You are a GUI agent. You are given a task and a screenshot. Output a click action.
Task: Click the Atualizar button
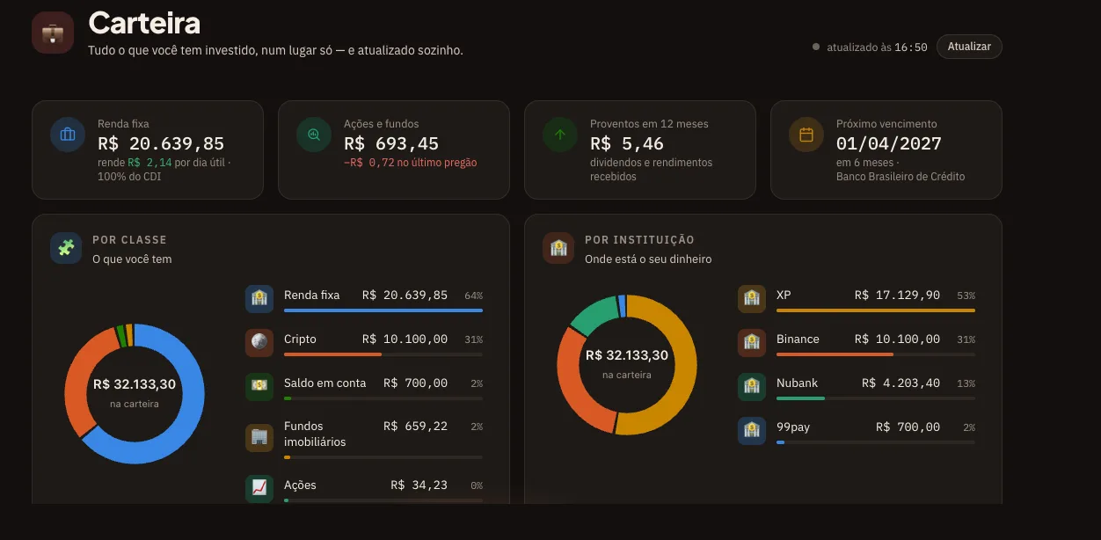(969, 47)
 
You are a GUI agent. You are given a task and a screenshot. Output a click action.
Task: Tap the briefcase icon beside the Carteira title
(53, 33)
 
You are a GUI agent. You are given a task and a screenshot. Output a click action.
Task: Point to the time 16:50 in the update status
(911, 47)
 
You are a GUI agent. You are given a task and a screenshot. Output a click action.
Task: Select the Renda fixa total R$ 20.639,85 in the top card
(161, 143)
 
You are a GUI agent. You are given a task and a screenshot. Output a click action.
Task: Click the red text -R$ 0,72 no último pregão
(410, 163)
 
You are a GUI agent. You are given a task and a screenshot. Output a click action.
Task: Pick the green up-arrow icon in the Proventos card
(560, 135)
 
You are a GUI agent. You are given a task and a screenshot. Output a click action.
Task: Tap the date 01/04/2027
(889, 143)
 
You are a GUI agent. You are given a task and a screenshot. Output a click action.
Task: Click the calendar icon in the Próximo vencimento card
(806, 135)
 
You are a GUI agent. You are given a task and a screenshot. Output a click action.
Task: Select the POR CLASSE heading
(130, 240)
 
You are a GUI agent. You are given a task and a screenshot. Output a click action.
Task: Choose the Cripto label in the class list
(300, 339)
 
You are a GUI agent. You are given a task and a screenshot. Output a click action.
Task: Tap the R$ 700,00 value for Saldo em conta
(415, 383)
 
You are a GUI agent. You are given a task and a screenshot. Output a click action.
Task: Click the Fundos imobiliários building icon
(259, 436)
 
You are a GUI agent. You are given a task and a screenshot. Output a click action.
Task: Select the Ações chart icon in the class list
(259, 487)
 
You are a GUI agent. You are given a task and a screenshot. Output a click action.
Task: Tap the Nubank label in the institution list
(797, 383)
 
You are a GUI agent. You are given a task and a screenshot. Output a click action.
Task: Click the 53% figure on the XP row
(966, 296)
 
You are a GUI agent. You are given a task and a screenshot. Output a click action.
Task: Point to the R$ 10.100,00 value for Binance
(897, 339)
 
